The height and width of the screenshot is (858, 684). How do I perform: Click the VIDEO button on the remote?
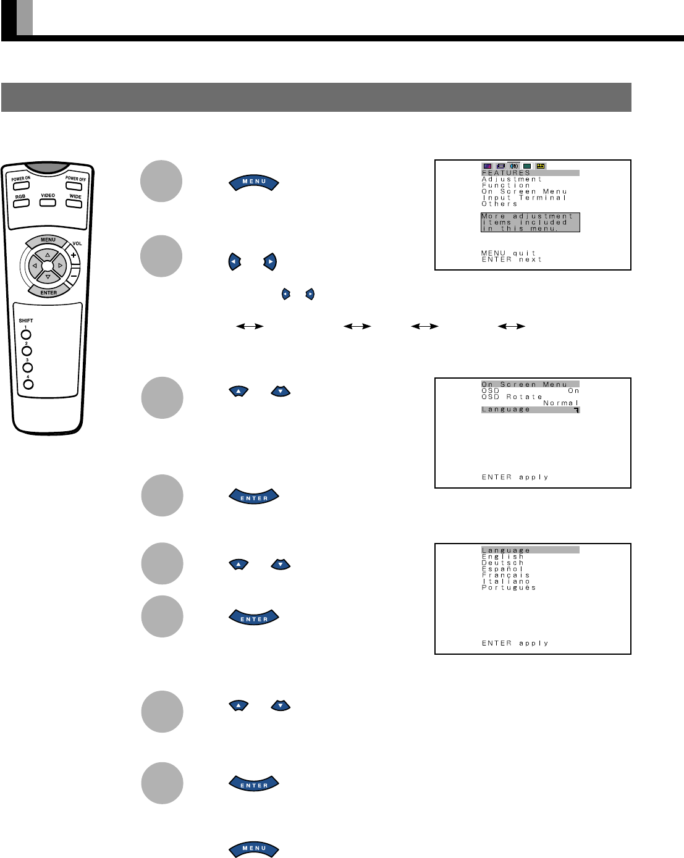point(48,202)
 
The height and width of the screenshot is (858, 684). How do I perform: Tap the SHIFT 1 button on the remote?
point(26,335)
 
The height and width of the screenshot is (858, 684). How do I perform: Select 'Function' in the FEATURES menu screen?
point(506,185)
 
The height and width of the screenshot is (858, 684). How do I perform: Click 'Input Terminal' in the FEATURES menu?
point(524,198)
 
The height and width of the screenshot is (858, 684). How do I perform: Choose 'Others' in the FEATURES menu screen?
point(500,204)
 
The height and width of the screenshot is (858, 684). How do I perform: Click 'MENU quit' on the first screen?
point(509,253)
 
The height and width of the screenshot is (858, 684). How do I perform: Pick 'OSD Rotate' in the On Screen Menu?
point(512,397)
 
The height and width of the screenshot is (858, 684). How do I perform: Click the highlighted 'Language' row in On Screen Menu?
point(530,410)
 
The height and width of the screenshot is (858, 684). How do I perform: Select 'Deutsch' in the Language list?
point(503,563)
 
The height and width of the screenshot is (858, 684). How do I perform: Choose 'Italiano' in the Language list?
point(506,581)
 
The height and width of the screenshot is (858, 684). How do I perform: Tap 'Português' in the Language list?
point(509,587)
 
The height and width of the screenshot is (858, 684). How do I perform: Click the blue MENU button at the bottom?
point(254,849)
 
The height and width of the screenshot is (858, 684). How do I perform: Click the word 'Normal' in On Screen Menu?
point(561,403)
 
